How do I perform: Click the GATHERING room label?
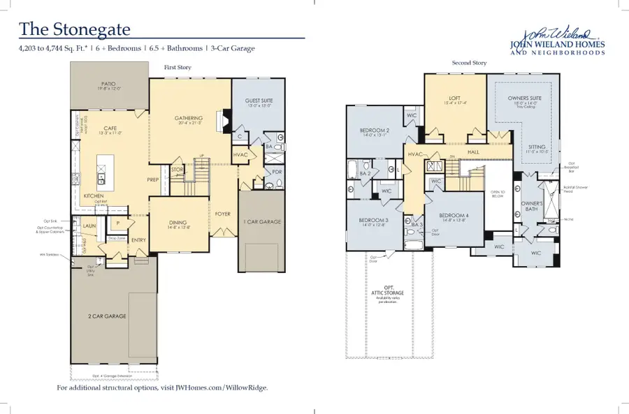pos(188,118)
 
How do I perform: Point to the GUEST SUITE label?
pos(259,101)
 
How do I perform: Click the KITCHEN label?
pos(95,196)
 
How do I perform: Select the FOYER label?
pos(222,214)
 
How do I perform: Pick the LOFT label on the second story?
pos(454,100)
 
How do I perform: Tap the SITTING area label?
pos(537,147)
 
